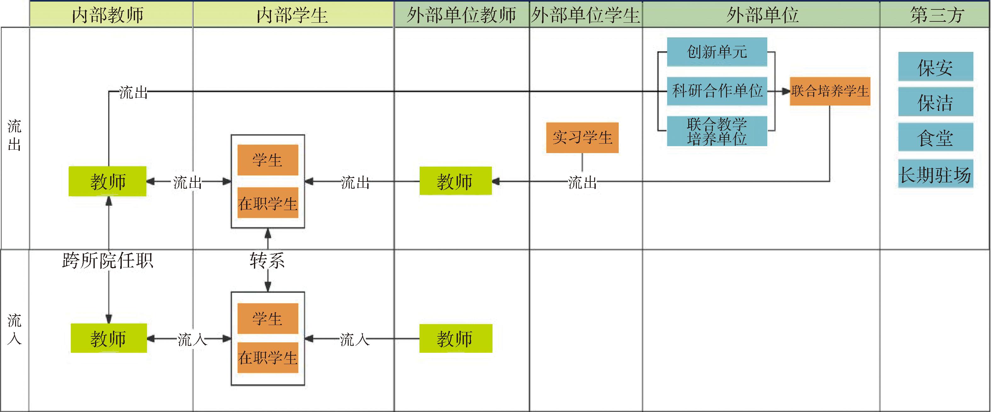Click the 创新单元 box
(717, 52)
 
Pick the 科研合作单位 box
(717, 91)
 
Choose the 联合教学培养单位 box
(717, 131)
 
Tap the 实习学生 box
(582, 137)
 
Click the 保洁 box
(935, 102)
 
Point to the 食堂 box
(935, 137)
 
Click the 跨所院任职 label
(108, 261)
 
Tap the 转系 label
(267, 261)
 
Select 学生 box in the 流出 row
(268, 160)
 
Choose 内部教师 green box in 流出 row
(107, 181)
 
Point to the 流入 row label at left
(14, 329)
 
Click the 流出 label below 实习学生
(583, 182)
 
